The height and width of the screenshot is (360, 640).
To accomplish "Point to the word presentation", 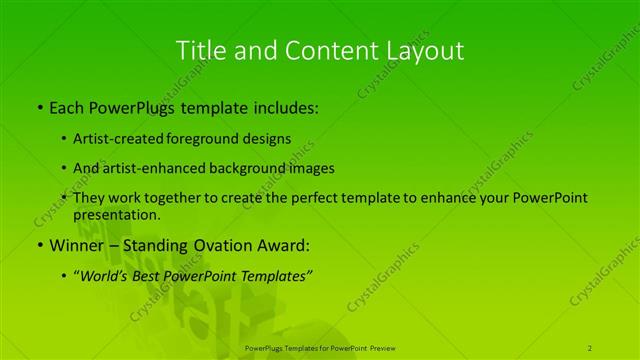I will pos(116,214).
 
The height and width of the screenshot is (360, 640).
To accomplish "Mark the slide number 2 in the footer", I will pos(590,347).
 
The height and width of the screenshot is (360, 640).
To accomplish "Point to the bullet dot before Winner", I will pos(39,245).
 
